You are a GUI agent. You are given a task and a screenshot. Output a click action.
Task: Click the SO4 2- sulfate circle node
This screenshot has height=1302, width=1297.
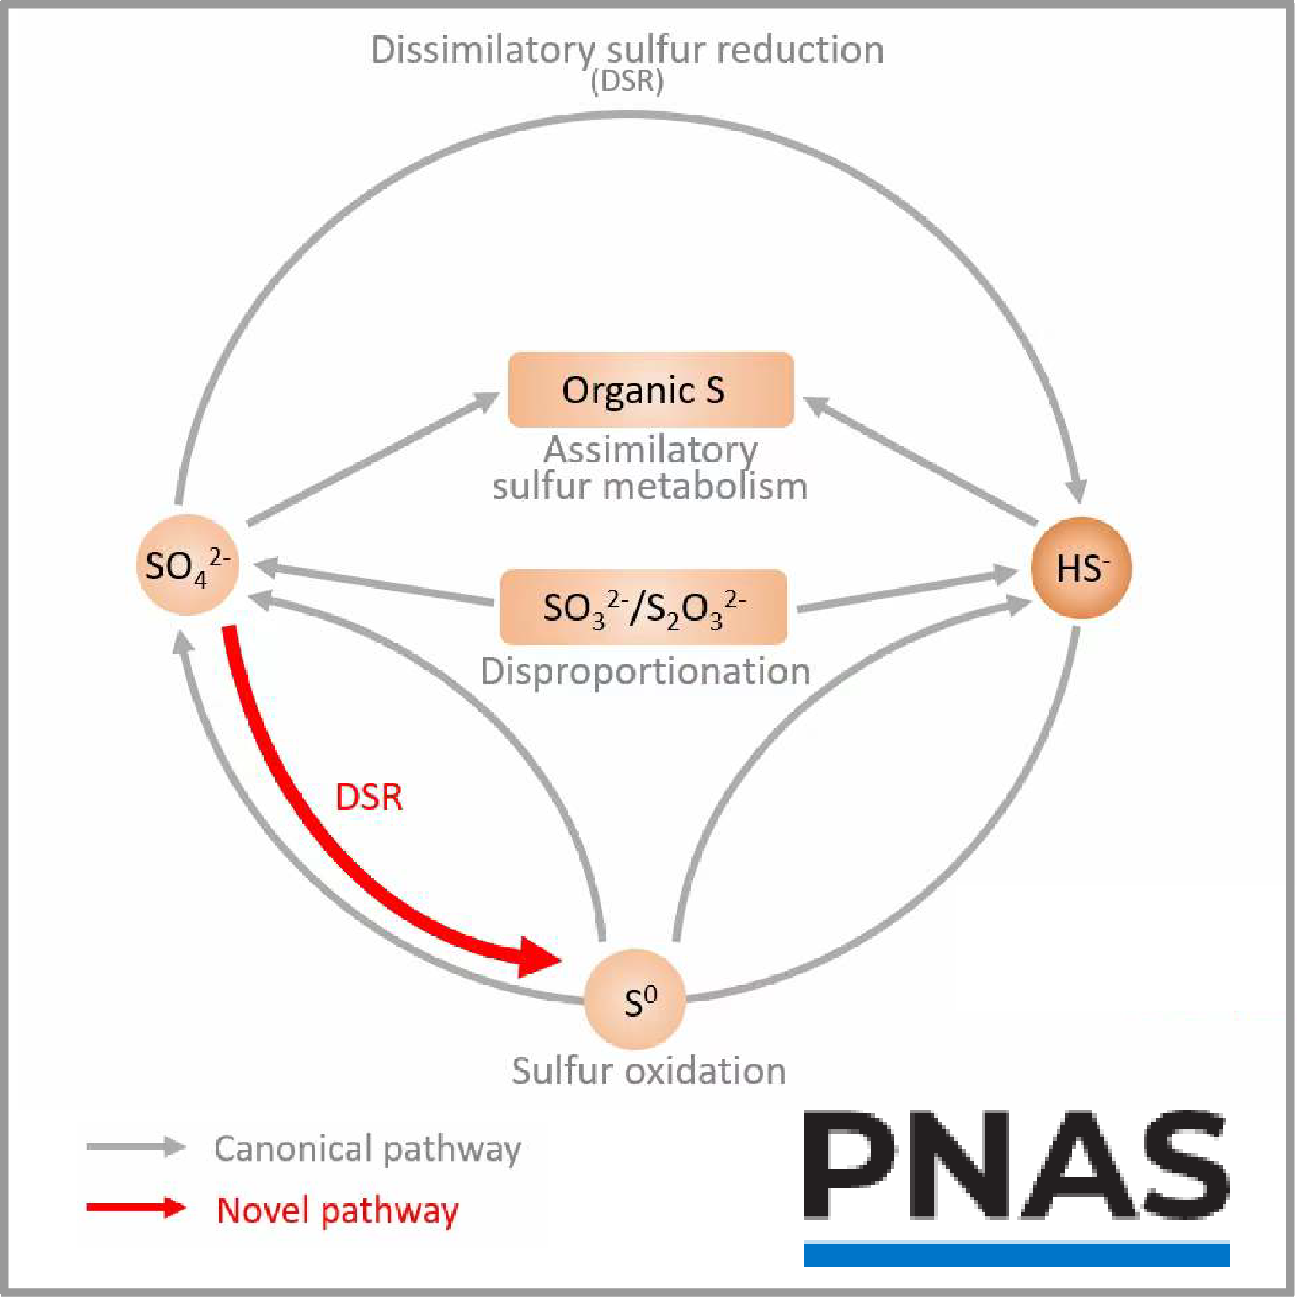(x=187, y=564)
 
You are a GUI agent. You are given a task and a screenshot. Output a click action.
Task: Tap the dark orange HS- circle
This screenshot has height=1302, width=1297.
(x=1081, y=568)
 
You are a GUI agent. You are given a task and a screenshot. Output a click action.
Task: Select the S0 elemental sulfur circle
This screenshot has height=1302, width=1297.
(x=635, y=1000)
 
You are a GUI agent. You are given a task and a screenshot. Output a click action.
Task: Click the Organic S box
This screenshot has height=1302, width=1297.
(x=650, y=390)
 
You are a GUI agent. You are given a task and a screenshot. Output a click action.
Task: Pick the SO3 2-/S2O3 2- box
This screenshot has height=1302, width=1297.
(x=643, y=607)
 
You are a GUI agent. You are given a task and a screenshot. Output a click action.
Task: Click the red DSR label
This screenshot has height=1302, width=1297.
(x=369, y=797)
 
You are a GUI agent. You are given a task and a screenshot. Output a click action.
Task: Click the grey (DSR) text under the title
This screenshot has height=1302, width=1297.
(x=627, y=82)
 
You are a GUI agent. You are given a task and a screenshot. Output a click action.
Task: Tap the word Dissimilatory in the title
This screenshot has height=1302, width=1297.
(x=482, y=51)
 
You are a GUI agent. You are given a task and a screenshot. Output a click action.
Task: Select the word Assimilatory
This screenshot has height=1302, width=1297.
(x=650, y=449)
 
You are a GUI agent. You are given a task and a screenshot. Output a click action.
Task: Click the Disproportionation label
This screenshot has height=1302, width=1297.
(x=645, y=671)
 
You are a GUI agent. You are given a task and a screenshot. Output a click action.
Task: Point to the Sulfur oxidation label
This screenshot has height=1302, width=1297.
(x=648, y=1070)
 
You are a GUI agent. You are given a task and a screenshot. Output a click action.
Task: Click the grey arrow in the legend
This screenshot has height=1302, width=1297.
(x=136, y=1146)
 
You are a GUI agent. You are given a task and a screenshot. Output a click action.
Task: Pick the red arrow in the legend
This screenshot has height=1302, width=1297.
(x=136, y=1208)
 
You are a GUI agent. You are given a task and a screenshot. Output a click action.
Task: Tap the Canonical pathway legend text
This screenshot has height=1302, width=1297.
(x=367, y=1149)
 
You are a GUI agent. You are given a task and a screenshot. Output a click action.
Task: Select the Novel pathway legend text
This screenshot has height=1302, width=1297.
(x=338, y=1210)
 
